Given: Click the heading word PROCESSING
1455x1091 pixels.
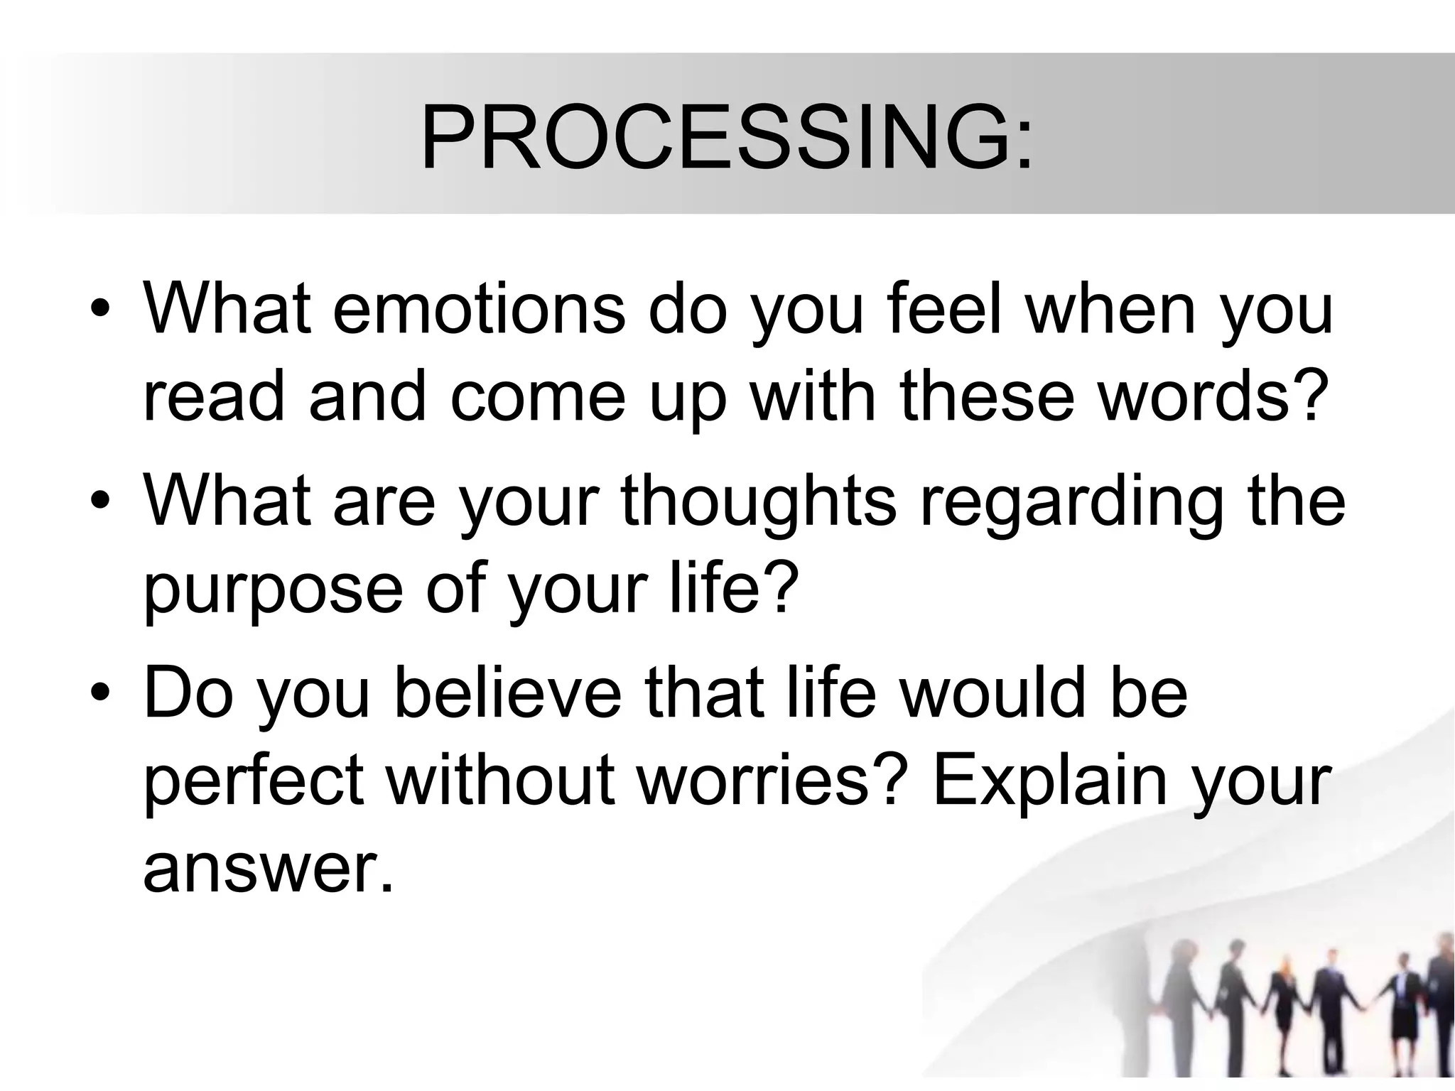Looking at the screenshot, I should click(714, 139).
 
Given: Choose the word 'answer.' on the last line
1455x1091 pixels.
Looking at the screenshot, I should click(268, 871).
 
